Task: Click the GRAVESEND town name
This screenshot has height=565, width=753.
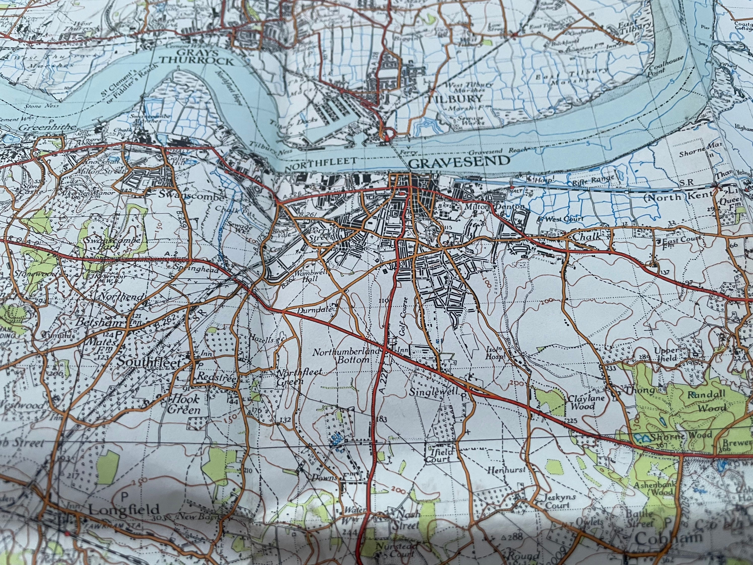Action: [459, 162]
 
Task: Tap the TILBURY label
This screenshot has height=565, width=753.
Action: [455, 99]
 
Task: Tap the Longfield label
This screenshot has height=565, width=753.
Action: [124, 510]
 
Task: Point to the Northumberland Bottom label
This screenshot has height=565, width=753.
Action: [346, 356]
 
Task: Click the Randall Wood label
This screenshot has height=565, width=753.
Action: [706, 401]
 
